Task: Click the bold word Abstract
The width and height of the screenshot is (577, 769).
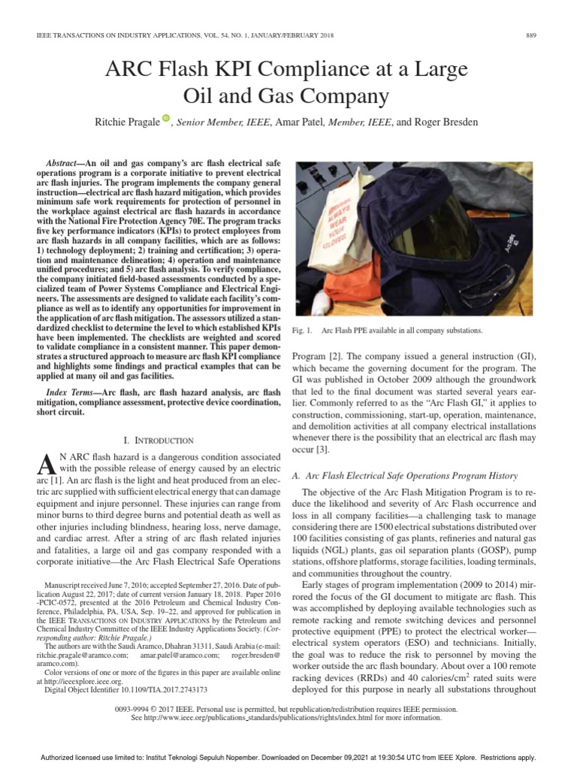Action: [65, 162]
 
